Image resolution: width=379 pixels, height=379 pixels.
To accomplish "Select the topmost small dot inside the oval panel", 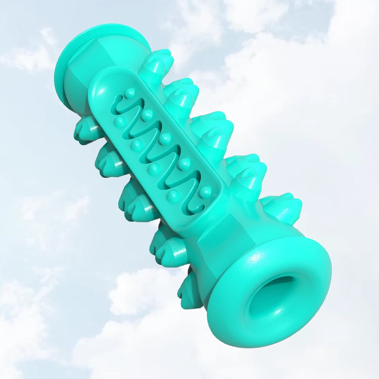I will (x=130, y=92).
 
